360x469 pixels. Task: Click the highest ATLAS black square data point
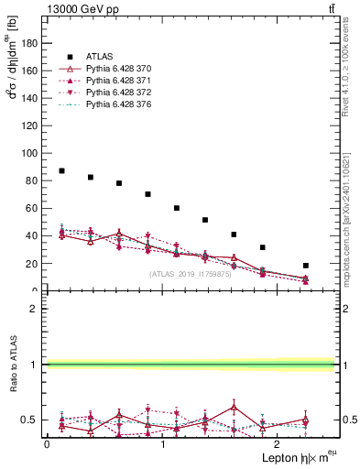tap(61, 171)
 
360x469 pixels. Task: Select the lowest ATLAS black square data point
tap(306, 266)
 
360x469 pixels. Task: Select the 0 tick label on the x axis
tap(47, 443)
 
